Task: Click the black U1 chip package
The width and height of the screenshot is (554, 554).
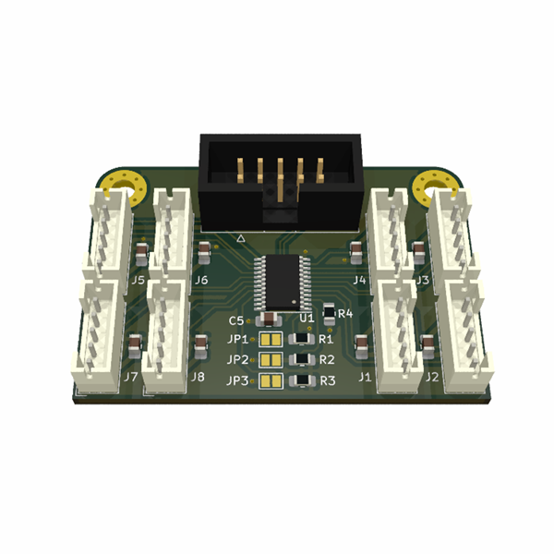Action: (283, 283)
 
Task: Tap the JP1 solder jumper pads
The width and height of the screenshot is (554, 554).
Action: (271, 340)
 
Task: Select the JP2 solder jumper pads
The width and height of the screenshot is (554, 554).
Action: (271, 360)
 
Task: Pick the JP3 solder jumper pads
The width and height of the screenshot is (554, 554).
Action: (271, 381)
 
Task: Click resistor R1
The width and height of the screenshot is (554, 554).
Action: (301, 339)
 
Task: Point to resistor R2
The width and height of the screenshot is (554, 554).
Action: (302, 359)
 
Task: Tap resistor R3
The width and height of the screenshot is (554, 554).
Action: (303, 380)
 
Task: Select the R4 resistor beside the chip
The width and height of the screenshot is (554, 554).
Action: (330, 313)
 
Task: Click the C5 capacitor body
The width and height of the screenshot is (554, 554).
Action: (269, 319)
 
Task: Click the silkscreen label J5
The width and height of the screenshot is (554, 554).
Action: (138, 281)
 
